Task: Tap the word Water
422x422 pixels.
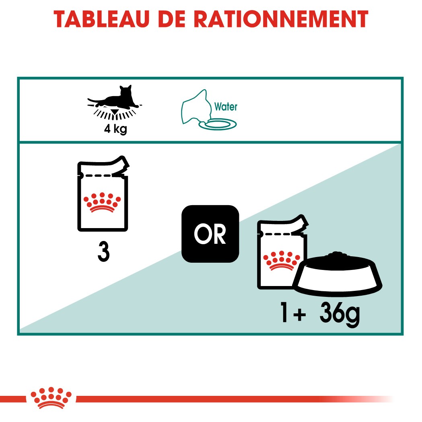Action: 226,107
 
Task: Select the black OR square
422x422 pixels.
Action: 210,234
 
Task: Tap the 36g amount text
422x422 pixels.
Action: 340,314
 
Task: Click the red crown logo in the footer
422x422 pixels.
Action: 51,398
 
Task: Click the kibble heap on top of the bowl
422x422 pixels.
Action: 337,256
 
